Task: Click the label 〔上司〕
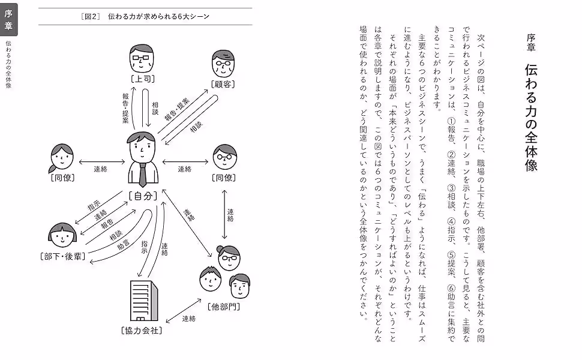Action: [143, 79]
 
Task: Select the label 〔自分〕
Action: [143, 195]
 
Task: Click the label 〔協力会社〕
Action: [142, 330]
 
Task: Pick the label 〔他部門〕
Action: [224, 307]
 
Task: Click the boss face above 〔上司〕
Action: [143, 59]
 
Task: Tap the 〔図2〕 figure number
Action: [91, 16]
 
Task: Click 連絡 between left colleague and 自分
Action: [100, 169]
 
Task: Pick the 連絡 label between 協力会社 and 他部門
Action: [188, 318]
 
